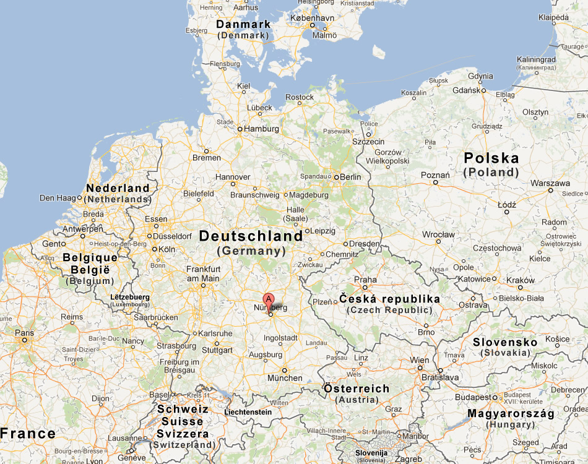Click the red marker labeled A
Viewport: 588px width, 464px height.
pyautogui.click(x=269, y=299)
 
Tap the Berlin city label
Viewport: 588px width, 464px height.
pyautogui.click(x=350, y=177)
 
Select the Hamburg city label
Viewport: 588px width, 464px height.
pyautogui.click(x=262, y=129)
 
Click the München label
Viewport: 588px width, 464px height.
pyautogui.click(x=285, y=378)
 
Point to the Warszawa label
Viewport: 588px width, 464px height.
pyautogui.click(x=550, y=183)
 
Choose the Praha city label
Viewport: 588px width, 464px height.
pyautogui.click(x=365, y=280)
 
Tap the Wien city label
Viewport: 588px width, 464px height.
pyautogui.click(x=419, y=360)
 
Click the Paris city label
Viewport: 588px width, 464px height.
pyautogui.click(x=24, y=332)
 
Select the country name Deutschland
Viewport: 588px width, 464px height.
pyautogui.click(x=251, y=236)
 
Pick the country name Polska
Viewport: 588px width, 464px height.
pyautogui.click(x=491, y=158)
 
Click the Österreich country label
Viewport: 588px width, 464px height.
pyautogui.click(x=357, y=389)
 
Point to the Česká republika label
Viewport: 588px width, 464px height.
pyautogui.click(x=390, y=299)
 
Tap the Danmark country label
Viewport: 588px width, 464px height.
pyautogui.click(x=243, y=24)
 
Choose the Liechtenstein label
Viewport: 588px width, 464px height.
pyautogui.click(x=248, y=412)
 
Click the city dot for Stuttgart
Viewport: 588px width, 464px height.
pyautogui.click(x=217, y=343)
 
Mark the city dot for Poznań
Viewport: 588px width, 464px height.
pyautogui.click(x=436, y=183)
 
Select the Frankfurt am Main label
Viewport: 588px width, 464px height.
pyautogui.click(x=203, y=274)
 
